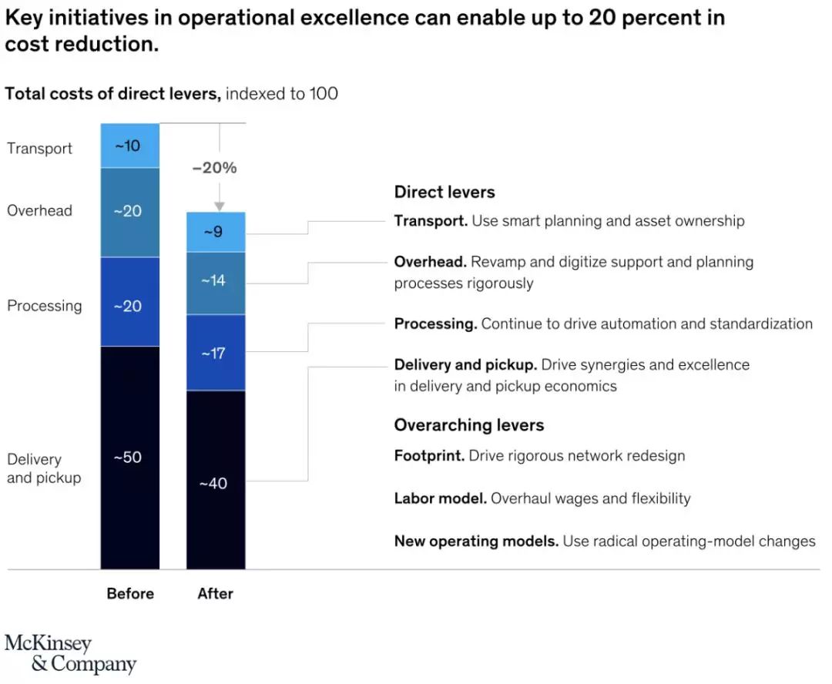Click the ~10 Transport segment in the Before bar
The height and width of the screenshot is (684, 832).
130,146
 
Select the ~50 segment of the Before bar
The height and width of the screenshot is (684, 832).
130,458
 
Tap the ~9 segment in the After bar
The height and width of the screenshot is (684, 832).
216,232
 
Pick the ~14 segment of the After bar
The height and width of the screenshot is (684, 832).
216,281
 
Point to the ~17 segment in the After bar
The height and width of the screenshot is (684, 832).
216,354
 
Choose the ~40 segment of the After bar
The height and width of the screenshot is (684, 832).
216,484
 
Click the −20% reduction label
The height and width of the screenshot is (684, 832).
215,168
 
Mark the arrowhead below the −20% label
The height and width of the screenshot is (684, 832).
220,206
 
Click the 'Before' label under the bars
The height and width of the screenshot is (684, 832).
130,594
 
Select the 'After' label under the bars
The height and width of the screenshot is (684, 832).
216,594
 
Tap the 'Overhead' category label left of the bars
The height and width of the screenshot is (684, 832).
40,210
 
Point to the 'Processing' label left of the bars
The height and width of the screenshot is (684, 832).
45,306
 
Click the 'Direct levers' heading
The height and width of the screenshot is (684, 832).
445,193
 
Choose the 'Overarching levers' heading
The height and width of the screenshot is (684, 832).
469,425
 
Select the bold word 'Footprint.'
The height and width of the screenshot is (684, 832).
429,456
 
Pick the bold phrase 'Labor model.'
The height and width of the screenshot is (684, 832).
440,498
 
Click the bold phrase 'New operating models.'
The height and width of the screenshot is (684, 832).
476,541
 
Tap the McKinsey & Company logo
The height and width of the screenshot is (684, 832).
70,653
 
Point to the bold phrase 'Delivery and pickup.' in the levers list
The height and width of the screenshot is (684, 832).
465,364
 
